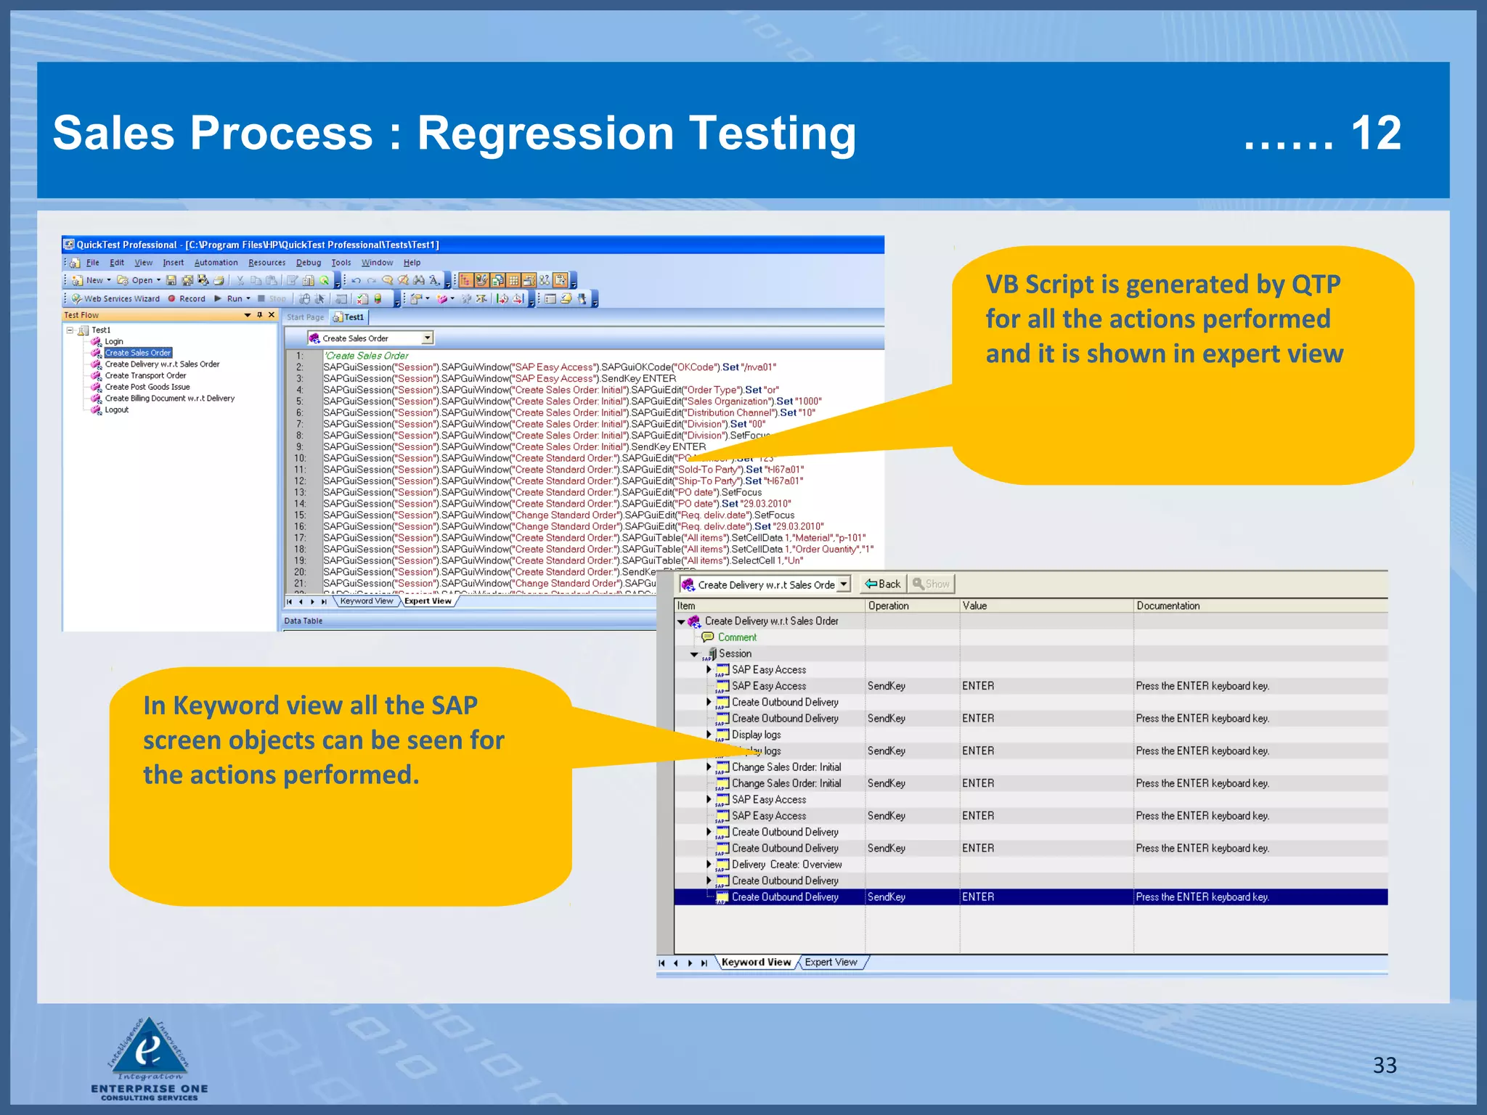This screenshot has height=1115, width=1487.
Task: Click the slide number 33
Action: pos(1384,1065)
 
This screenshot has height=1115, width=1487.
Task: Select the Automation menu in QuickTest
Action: pos(216,263)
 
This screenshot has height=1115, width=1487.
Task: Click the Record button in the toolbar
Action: pos(187,298)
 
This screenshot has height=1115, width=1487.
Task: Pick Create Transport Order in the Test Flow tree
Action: pos(145,375)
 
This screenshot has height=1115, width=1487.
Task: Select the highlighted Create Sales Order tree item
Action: pos(137,353)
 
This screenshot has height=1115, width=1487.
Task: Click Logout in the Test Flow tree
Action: pos(116,409)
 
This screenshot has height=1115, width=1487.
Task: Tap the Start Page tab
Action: pos(305,317)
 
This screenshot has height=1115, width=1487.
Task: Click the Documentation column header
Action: pos(1168,605)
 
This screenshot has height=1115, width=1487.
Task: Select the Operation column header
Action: pos(888,605)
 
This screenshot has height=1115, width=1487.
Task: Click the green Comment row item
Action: pos(736,637)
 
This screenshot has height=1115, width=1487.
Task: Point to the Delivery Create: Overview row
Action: pos(786,865)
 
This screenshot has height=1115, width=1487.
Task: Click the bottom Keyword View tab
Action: pos(756,962)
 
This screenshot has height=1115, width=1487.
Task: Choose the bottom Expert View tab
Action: pos(831,962)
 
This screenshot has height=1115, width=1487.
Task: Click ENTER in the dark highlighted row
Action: pos(978,897)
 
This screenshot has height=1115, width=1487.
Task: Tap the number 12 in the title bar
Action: pos(1375,134)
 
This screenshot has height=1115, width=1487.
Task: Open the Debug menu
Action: pos(309,263)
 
